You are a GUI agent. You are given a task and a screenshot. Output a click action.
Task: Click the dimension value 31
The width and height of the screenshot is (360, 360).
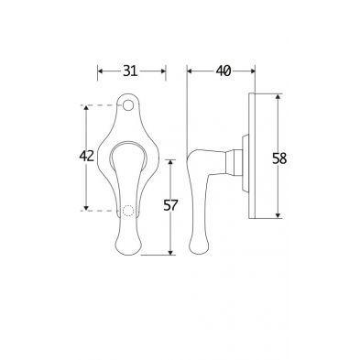point(130,71)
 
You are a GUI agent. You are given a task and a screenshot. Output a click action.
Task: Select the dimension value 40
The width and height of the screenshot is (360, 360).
point(224,71)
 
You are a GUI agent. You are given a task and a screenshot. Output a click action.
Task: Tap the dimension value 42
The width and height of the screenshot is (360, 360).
point(86,157)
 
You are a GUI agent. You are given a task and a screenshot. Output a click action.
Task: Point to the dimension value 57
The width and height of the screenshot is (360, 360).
point(170,205)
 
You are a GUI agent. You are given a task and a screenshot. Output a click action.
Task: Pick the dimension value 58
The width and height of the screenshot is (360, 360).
point(279,158)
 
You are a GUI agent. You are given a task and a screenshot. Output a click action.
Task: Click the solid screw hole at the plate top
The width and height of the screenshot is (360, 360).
point(128,105)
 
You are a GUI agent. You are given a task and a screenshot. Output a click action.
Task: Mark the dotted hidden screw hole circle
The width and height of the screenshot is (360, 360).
point(128,211)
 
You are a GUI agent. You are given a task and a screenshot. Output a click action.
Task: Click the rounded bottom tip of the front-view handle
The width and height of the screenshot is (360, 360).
point(128,255)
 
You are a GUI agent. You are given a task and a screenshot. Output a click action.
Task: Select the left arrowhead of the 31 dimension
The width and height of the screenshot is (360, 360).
point(100,71)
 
